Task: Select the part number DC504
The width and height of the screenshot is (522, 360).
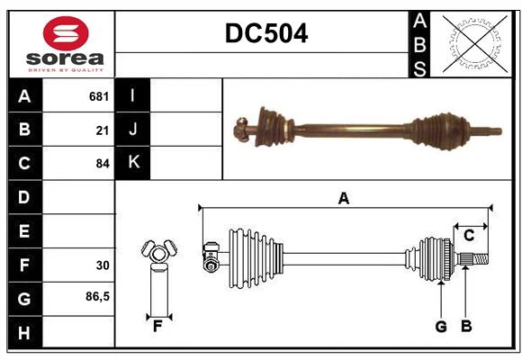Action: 265,33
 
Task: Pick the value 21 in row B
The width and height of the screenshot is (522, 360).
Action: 102,130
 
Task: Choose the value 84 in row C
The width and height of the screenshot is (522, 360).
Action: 102,164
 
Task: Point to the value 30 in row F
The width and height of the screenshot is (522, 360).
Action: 102,265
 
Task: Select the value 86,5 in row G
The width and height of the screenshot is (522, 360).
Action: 97,296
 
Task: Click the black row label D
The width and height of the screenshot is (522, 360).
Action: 24,197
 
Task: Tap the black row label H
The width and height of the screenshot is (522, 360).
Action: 24,333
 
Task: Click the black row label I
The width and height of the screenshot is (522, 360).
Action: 133,95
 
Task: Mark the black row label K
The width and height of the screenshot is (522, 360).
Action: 133,163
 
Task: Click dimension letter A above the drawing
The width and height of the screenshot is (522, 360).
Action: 343,198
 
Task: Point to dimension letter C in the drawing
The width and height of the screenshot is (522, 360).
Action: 469,236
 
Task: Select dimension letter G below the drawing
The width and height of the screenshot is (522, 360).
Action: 441,326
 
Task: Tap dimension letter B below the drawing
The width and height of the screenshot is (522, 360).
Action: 466,326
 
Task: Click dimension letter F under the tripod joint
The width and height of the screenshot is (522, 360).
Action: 157,326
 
